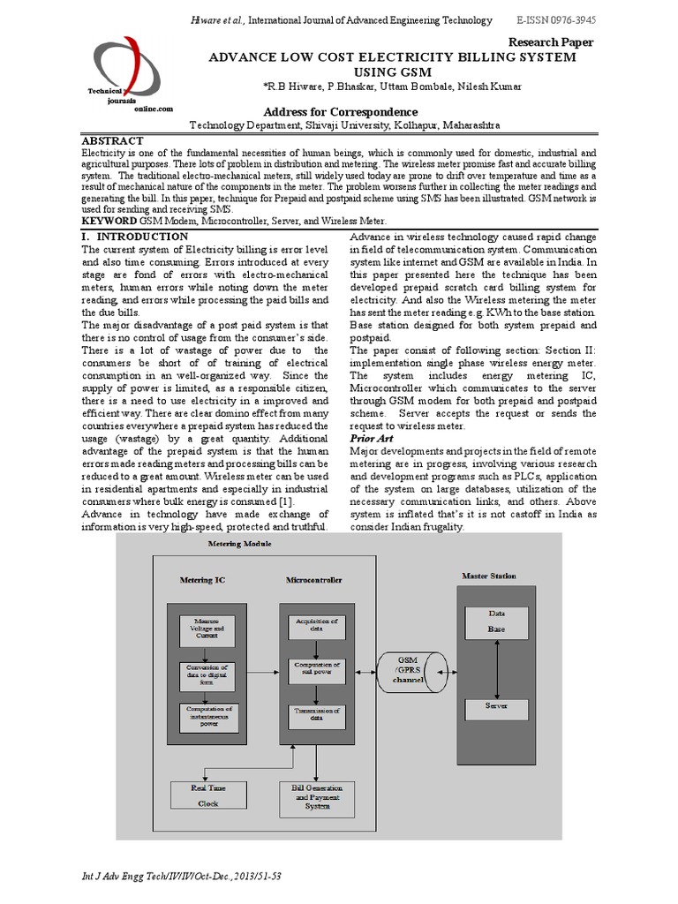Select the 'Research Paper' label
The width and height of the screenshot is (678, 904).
click(551, 42)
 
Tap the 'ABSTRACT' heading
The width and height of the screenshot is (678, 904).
click(112, 141)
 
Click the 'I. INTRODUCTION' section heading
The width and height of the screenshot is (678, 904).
click(134, 237)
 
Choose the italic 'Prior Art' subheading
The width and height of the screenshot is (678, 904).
click(372, 438)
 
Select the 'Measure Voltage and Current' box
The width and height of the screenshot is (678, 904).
click(207, 629)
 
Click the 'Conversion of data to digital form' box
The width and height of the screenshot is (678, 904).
click(207, 675)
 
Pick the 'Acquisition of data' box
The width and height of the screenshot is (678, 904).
click(317, 625)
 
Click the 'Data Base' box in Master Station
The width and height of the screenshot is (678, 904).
click(497, 623)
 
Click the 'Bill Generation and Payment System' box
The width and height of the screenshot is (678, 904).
click(317, 796)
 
